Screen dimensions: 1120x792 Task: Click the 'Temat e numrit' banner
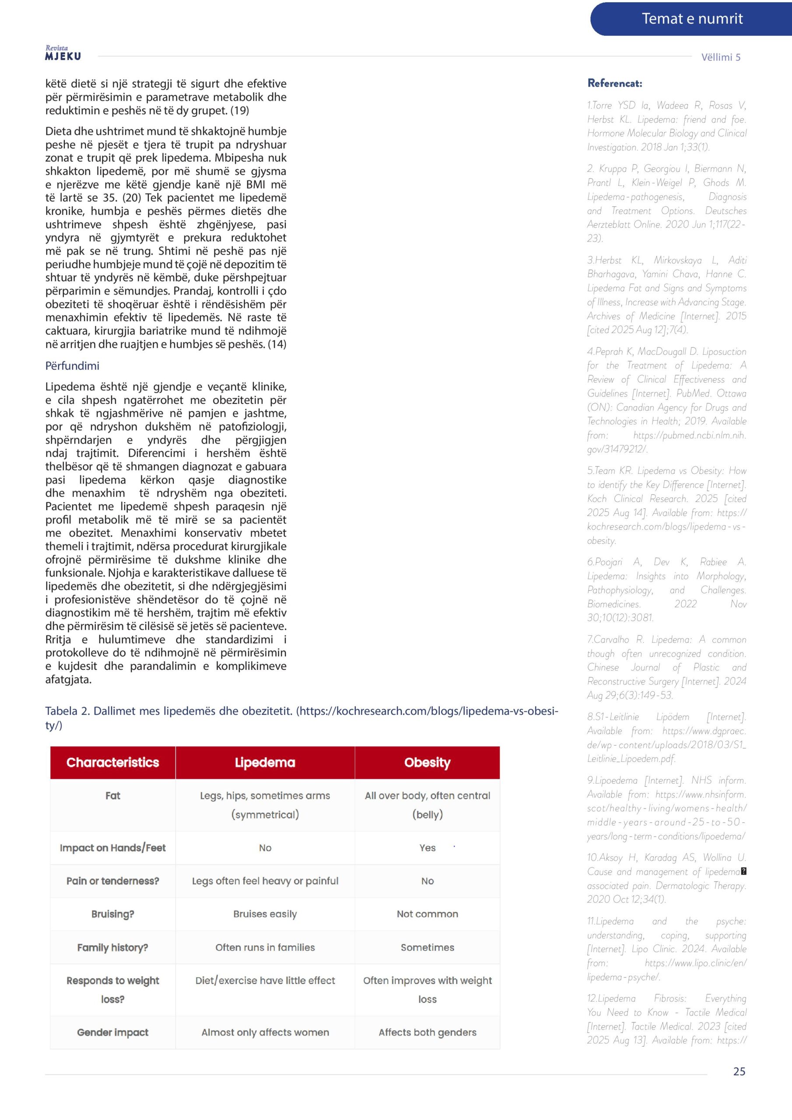[x=691, y=19]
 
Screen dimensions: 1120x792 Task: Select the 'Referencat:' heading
[x=614, y=84]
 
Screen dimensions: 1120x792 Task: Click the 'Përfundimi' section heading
[x=72, y=366]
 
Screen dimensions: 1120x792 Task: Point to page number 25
[x=739, y=1071]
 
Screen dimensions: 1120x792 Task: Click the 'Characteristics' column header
[x=113, y=763]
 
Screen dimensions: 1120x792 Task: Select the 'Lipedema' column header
[x=265, y=763]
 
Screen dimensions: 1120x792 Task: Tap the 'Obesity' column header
[x=427, y=763]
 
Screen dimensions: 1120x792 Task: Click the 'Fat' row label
[x=113, y=796]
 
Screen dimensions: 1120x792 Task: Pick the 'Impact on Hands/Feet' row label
[x=113, y=848]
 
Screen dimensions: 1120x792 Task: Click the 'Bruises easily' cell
[x=265, y=914]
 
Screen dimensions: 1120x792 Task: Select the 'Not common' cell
[x=427, y=914]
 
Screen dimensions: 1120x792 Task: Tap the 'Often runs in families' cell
[x=265, y=947]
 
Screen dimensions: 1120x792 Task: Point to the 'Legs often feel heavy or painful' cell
[x=265, y=881]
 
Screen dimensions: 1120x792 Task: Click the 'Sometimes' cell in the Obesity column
[x=427, y=947]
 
